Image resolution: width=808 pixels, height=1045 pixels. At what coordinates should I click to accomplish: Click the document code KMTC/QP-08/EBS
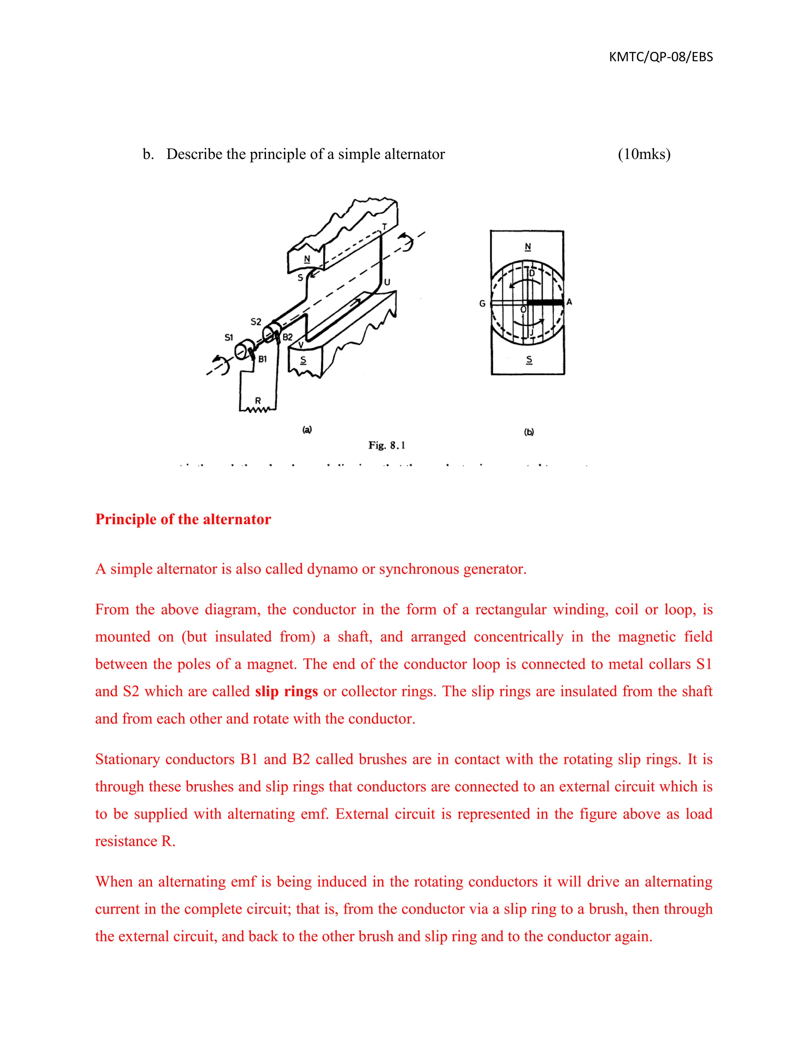pos(660,57)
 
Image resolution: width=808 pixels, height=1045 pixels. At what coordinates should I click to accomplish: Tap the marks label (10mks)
pos(644,154)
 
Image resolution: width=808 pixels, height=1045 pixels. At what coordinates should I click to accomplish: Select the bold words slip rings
pos(286,691)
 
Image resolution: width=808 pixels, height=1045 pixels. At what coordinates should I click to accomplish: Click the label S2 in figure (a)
pos(256,321)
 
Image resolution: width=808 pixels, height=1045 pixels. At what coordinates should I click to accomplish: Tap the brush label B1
pos(262,359)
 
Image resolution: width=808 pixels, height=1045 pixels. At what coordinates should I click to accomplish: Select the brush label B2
pos(287,337)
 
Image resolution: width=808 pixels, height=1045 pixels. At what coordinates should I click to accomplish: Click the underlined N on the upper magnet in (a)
pos(307,259)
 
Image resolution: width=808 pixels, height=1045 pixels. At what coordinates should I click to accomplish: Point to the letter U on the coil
pos(387,282)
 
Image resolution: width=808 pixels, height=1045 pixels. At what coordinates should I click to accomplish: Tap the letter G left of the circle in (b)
pos(482,303)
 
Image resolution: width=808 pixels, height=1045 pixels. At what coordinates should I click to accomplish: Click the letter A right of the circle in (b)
pos(569,302)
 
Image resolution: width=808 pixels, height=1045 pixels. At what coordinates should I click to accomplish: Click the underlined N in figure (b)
pos(527,246)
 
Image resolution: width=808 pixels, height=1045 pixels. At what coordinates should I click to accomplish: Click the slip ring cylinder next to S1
pos(243,351)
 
